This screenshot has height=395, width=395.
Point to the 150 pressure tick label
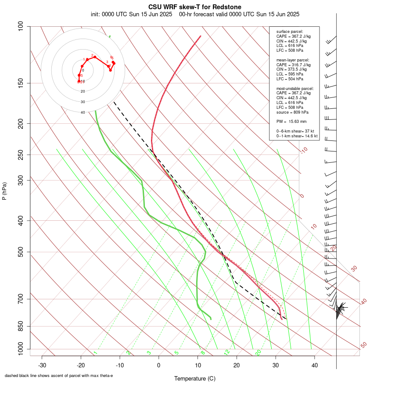pos(21,83)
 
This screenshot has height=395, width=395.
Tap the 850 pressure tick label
pos(21,326)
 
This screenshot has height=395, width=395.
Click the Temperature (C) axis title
pos(194,378)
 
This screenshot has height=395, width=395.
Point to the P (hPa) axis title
pos(4,191)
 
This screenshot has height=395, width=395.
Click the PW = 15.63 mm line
pos(291,122)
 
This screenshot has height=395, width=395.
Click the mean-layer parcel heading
pos(292,60)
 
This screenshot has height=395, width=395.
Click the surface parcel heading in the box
pos(290,32)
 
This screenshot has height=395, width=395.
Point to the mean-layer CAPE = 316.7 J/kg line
pos(293,65)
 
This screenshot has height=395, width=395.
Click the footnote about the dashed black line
pos(58,376)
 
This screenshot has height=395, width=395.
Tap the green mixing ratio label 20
pos(258,352)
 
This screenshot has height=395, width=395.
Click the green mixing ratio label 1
pos(95,353)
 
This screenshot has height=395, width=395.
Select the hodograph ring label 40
pos(83,112)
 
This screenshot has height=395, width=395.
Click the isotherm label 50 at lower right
pos(363,345)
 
